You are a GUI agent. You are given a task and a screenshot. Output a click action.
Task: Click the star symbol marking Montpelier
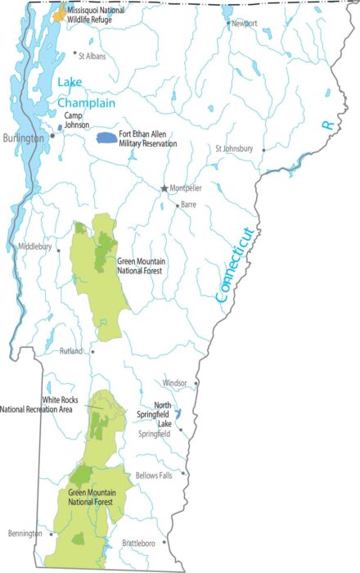point(164,188)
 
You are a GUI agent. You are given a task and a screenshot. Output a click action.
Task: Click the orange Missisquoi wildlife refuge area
point(59,14)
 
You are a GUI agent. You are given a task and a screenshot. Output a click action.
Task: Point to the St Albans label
point(92,56)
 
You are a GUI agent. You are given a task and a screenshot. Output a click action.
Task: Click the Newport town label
point(244,24)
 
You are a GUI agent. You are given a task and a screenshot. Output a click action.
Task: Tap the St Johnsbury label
point(234,149)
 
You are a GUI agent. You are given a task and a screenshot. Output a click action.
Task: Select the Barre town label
point(188,205)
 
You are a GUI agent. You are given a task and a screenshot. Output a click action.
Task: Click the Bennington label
point(25,534)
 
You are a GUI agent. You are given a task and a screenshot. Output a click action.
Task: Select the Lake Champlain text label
point(84,92)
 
